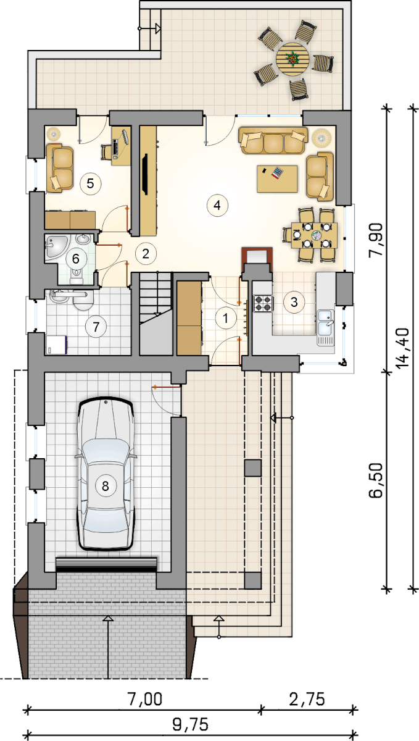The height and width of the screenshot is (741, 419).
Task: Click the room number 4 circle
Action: click(x=217, y=205)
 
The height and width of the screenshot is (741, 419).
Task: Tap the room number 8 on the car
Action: click(x=105, y=486)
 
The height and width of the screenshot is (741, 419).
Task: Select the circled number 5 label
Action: click(x=90, y=183)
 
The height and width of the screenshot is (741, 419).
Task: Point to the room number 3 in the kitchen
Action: click(x=294, y=302)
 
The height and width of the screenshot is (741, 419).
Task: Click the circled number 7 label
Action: click(x=96, y=327)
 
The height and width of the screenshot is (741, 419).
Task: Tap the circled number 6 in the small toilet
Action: click(x=76, y=258)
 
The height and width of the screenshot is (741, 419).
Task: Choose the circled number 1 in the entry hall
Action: click(x=225, y=318)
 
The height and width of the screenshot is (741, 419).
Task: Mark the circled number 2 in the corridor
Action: click(x=146, y=254)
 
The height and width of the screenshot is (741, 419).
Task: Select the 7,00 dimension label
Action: click(x=145, y=699)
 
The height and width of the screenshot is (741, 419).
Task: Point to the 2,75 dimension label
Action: click(x=307, y=699)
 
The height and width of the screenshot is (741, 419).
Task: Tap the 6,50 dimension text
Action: click(x=376, y=480)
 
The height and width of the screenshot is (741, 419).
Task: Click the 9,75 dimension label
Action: click(x=190, y=724)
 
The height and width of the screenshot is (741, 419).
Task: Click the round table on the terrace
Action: click(x=292, y=59)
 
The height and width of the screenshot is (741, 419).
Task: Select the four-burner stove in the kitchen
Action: click(x=263, y=303)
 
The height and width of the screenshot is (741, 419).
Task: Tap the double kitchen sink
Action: click(x=326, y=327)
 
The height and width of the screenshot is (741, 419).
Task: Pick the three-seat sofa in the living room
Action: click(x=273, y=140)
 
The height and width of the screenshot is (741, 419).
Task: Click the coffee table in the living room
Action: click(x=277, y=178)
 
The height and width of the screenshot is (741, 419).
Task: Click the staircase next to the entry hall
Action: click(x=156, y=314)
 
